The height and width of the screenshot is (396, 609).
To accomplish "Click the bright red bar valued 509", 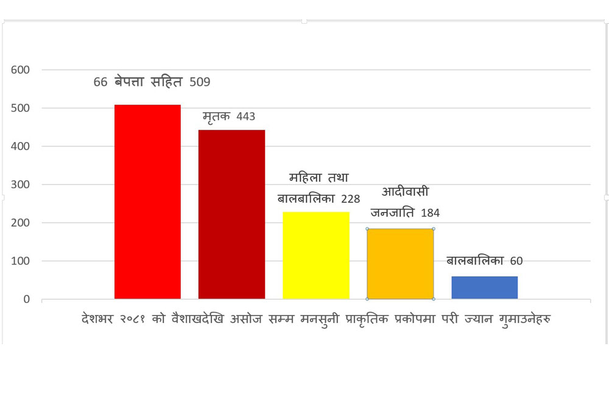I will pyautogui.click(x=147, y=202).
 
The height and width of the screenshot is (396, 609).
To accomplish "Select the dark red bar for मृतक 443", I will pyautogui.click(x=231, y=214).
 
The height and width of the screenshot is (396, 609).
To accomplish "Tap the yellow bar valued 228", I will pyautogui.click(x=316, y=255).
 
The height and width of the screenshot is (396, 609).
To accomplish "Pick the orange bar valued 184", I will pyautogui.click(x=400, y=264).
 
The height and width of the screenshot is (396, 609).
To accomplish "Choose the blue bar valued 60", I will pyautogui.click(x=484, y=288).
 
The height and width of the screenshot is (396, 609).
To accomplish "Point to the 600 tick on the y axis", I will pyautogui.click(x=20, y=70).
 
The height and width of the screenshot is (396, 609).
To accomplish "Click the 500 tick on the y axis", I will pyautogui.click(x=20, y=108).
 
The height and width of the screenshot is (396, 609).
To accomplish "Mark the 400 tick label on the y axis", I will pyautogui.click(x=20, y=147).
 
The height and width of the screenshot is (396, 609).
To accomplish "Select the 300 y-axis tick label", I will pyautogui.click(x=20, y=185).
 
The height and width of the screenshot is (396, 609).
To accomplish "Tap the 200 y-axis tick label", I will pyautogui.click(x=20, y=223).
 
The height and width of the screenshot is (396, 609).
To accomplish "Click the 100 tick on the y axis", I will pyautogui.click(x=20, y=261).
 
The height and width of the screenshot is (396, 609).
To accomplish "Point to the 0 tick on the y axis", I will pyautogui.click(x=27, y=299).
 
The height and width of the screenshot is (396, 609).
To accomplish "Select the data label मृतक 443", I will pyautogui.click(x=228, y=116).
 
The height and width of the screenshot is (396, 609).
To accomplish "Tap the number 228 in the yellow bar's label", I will pyautogui.click(x=350, y=199).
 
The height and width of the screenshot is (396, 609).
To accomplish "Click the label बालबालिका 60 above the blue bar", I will pyautogui.click(x=484, y=261).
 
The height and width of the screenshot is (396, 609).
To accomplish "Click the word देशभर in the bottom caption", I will pyautogui.click(x=99, y=319).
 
